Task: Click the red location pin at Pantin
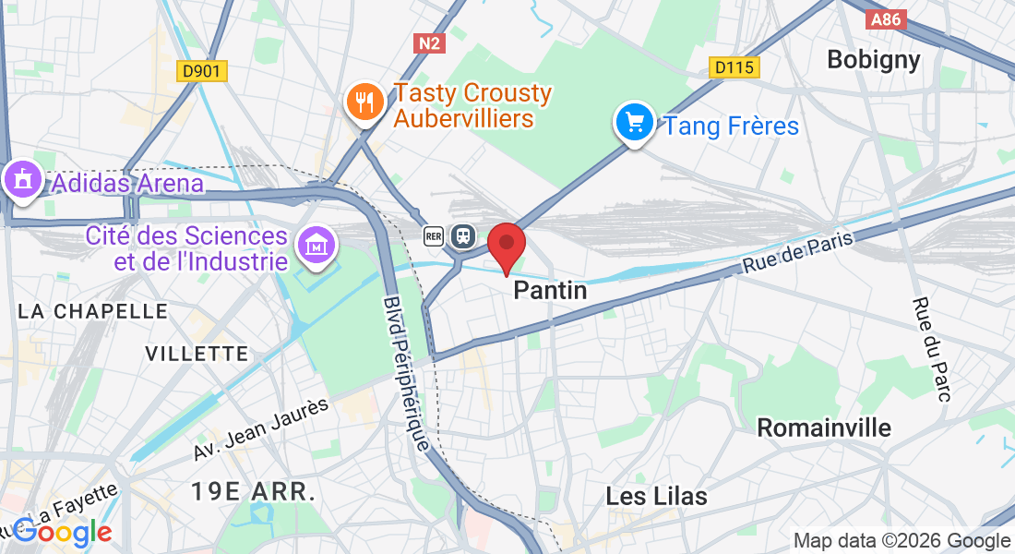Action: (507, 246)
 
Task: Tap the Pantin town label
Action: (550, 291)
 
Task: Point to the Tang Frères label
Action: (732, 126)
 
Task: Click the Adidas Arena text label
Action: (127, 183)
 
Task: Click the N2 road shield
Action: (428, 42)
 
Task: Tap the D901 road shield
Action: (202, 70)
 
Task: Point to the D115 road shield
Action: (734, 67)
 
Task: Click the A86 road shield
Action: (888, 18)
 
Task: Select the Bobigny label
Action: (873, 60)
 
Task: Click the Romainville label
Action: (824, 428)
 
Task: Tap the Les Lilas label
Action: (656, 496)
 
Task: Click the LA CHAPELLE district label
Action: (92, 311)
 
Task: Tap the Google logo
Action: (62, 532)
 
